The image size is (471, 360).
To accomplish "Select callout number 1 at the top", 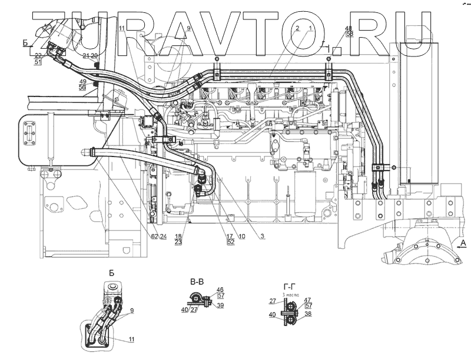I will click(x=310, y=28).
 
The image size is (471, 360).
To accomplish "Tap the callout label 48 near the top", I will click(x=349, y=28).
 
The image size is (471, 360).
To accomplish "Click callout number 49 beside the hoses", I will click(x=83, y=81).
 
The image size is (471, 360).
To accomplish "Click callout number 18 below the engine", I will click(x=178, y=235).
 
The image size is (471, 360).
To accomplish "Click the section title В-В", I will click(x=197, y=282).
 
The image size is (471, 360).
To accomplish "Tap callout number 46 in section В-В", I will click(x=220, y=289).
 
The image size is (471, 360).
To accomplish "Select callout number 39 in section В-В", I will click(x=220, y=306).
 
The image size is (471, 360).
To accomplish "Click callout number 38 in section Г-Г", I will click(x=309, y=314).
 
